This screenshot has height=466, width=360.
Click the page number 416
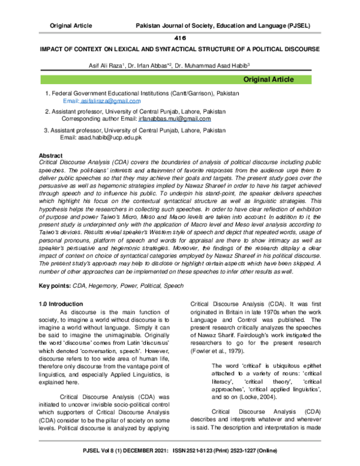click(x=181, y=37)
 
